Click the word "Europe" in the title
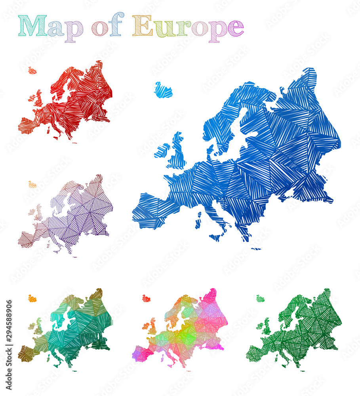188,27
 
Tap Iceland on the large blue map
163,90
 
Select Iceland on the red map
32,71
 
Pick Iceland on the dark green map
260,299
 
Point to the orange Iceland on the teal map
32,298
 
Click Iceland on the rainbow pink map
146,298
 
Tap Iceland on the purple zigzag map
32,185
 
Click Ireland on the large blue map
162,150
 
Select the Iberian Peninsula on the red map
28,126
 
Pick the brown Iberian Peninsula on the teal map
27,353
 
